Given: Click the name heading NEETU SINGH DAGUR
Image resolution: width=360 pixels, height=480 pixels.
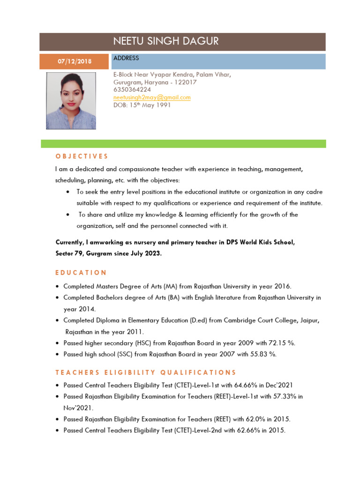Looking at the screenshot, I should tap(166, 41).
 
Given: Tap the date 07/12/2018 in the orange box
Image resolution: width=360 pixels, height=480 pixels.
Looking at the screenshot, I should tap(75, 61).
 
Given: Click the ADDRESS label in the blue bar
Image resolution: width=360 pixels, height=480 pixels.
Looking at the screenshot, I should tap(126, 58).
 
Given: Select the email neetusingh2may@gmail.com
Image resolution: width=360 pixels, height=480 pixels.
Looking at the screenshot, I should tap(152, 97).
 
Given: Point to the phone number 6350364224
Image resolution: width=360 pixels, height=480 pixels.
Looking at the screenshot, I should tap(132, 90).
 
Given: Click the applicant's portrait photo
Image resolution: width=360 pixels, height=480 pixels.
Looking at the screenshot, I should tap(71, 101).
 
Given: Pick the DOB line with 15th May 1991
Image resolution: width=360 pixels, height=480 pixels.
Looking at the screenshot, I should tap(142, 105).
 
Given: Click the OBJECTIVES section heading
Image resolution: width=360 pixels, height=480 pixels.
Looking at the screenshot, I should tap(82, 156).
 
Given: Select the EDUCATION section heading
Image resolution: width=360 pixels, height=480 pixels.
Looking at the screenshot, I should tap(81, 272).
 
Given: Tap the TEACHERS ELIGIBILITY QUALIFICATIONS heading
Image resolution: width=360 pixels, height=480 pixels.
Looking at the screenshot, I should tap(146, 373).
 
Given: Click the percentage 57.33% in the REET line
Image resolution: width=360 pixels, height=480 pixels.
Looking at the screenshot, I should tap(280, 397).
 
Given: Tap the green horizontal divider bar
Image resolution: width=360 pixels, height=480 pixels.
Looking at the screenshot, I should tap(183, 143).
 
